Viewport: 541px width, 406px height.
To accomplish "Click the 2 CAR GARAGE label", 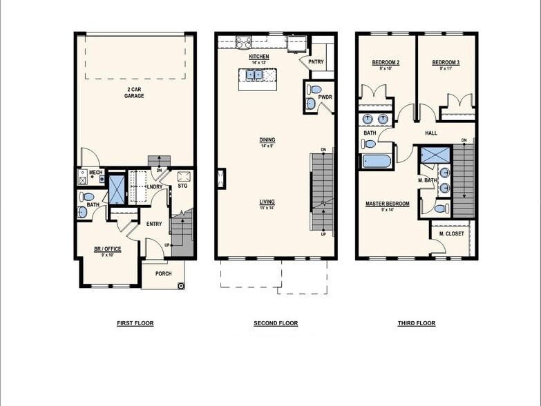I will pos(134,93).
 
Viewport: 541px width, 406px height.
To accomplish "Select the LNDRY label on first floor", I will pos(155,186).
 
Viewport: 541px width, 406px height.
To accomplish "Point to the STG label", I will pos(182,186).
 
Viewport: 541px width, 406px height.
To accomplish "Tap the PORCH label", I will pos(163,273).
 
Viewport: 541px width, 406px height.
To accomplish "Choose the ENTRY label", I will pos(153,223).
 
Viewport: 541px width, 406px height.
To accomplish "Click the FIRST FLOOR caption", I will pos(135,323).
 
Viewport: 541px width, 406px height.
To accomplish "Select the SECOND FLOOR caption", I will pos(276,323).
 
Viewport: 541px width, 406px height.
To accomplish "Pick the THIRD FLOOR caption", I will pos(417,323).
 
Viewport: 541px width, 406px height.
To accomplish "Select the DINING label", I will pos(267,139).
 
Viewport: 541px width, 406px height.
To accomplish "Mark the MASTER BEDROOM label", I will pos(387,204).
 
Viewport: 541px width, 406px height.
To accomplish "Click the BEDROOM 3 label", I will pos(446,63).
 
